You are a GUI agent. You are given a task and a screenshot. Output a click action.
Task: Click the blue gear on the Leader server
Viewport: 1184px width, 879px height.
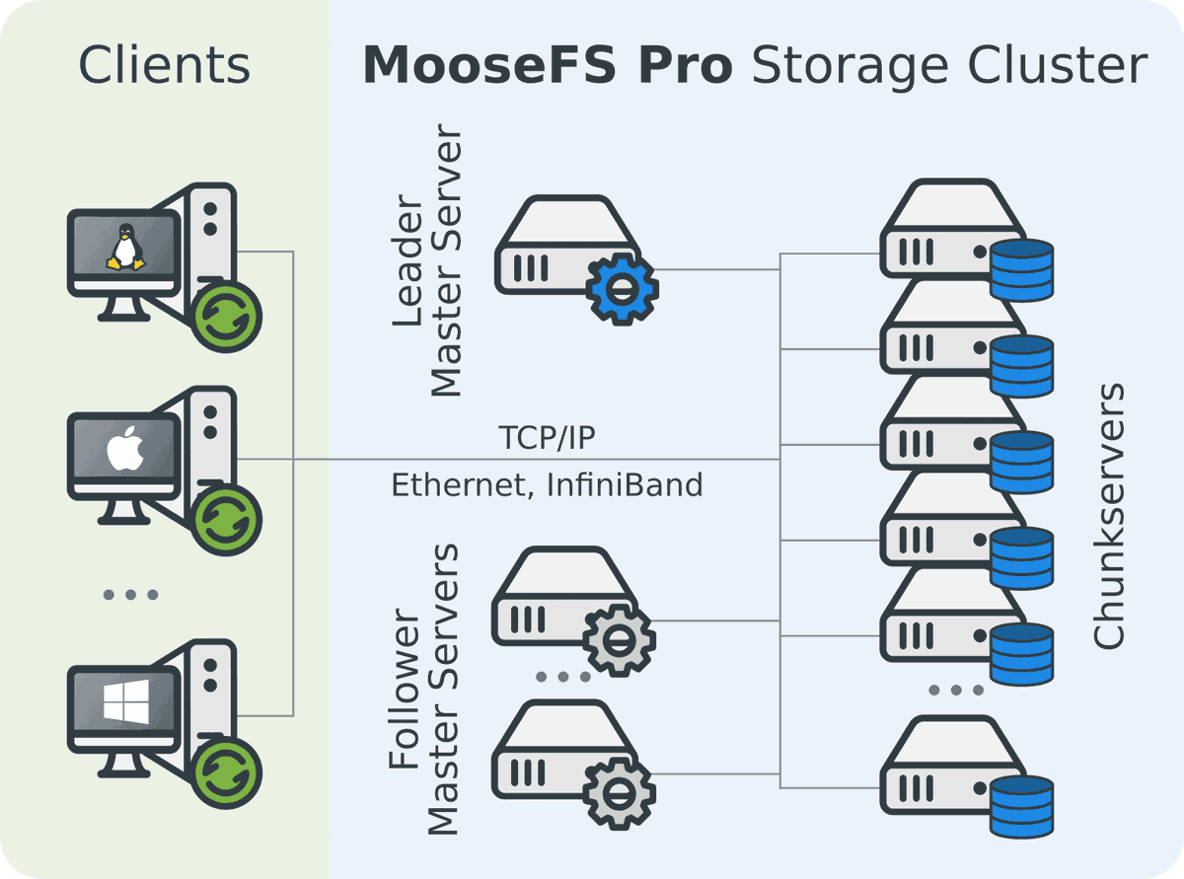622,287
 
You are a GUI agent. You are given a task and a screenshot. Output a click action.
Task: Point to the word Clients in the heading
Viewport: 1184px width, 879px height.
164,65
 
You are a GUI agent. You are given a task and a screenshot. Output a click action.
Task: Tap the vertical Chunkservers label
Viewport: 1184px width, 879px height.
1109,516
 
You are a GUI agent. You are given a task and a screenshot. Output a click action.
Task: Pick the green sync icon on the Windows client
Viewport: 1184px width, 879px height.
226,772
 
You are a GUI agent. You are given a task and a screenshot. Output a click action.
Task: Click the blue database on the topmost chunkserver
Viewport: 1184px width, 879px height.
1021,270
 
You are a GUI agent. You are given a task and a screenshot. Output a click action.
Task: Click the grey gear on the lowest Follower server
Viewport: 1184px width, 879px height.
618,792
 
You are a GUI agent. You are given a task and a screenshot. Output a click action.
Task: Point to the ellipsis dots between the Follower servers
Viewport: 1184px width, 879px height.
563,677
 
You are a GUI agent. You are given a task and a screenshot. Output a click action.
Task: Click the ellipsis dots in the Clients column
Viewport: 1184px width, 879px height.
130,595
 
